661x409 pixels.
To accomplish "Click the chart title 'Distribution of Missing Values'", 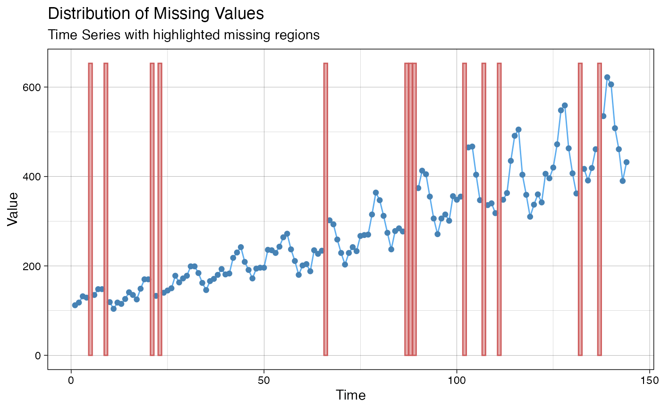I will pyautogui.click(x=156, y=14).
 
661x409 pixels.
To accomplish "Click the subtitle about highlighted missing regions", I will pyautogui.click(x=184, y=35).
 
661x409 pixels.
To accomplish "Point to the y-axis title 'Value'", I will pyautogui.click(x=13, y=209).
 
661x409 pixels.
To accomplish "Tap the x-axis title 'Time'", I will pyautogui.click(x=350, y=395).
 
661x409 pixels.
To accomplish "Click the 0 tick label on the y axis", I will pyautogui.click(x=38, y=355).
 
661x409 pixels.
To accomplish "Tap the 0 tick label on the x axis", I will pyautogui.click(x=71, y=380).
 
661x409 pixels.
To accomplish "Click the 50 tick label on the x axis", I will pyautogui.click(x=264, y=380).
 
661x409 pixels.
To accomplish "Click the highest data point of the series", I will pyautogui.click(x=607, y=77).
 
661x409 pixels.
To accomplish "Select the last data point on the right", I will pyautogui.click(x=627, y=162).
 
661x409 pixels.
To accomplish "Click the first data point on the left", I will pyautogui.click(x=75, y=305).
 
